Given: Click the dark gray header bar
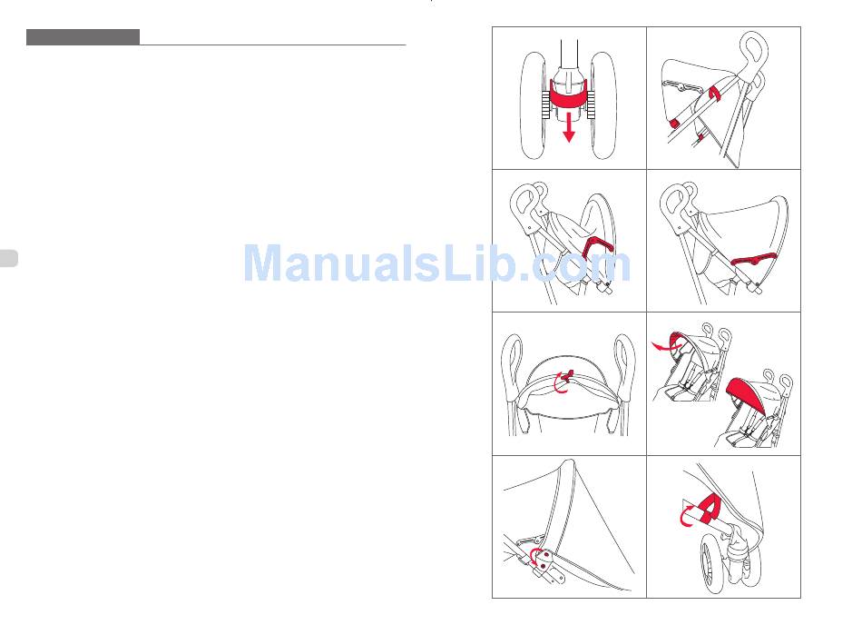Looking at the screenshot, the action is coord(83,37).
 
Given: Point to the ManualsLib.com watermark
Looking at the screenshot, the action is coord(437,263).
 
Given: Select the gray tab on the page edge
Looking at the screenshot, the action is coord(9,258).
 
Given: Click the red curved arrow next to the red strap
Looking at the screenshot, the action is coord(687,516).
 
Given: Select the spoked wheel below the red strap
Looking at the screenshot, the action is coord(712,565).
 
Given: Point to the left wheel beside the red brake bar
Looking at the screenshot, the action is coord(533,105).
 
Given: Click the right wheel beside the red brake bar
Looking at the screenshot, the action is coord(603,105).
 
